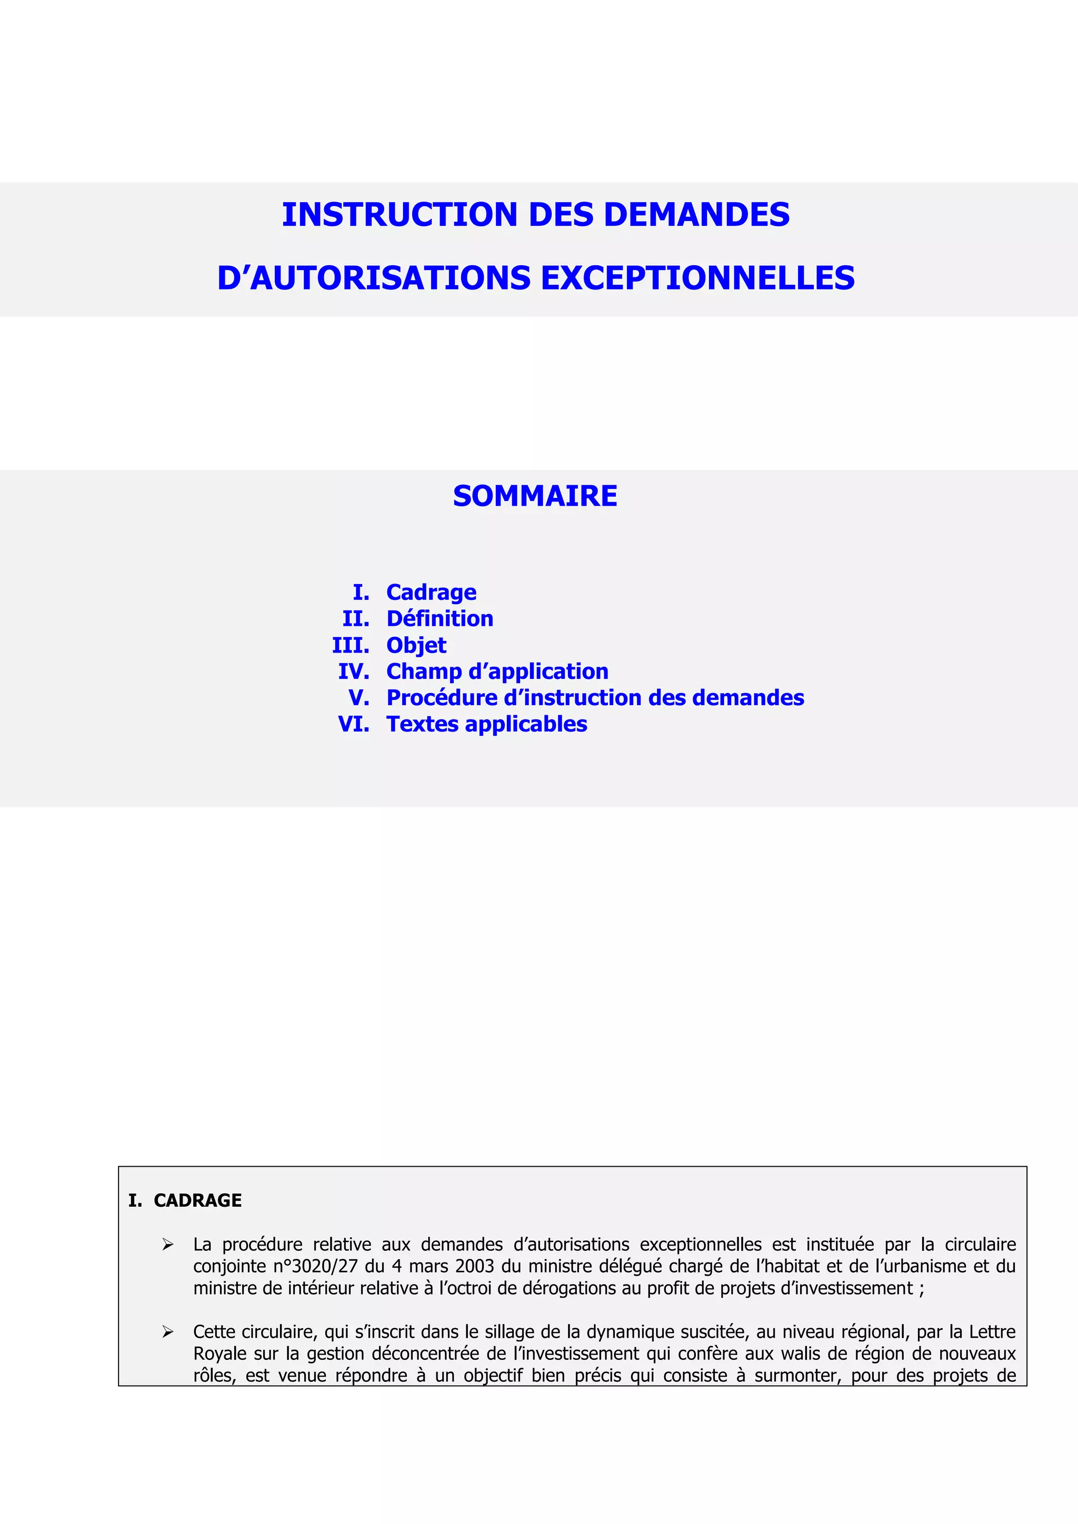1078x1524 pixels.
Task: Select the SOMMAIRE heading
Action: pyautogui.click(x=535, y=496)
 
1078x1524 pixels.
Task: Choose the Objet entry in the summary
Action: pyautogui.click(x=416, y=645)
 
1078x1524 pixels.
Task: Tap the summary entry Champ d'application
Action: pyautogui.click(x=497, y=671)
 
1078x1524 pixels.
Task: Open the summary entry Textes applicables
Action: pyautogui.click(x=486, y=724)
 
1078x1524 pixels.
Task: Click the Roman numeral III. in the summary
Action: pyautogui.click(x=351, y=645)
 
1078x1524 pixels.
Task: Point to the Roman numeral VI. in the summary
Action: pyautogui.click(x=354, y=724)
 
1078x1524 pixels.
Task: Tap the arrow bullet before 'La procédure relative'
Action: pyautogui.click(x=168, y=1245)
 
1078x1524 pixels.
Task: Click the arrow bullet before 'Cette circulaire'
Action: pyautogui.click(x=168, y=1332)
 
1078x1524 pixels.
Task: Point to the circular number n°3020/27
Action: pyautogui.click(x=315, y=1267)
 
